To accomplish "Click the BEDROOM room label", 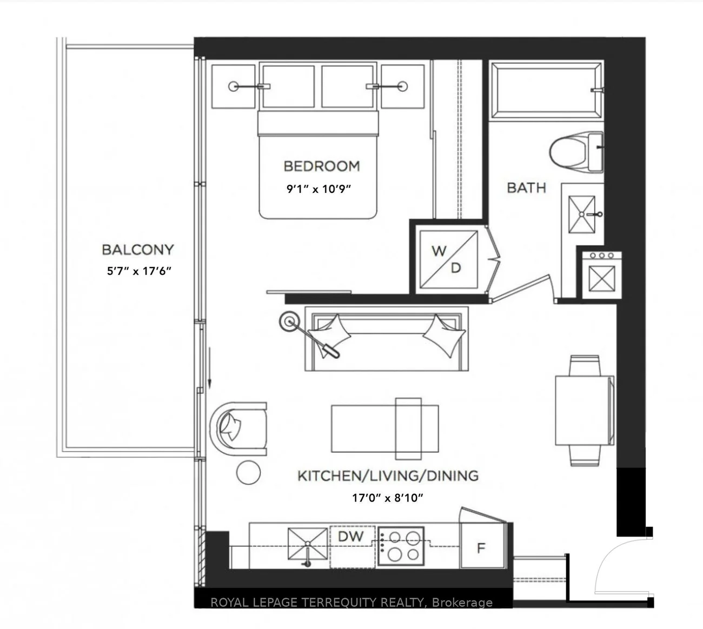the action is tap(322, 166).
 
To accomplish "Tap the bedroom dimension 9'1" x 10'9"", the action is tap(319, 189).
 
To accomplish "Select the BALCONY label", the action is tap(138, 250).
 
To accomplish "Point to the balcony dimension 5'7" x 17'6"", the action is tap(139, 271).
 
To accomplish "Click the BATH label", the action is tap(526, 188).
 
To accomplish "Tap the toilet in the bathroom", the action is tap(576, 151).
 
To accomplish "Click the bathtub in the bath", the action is tap(546, 90).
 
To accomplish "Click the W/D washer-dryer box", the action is tap(448, 260).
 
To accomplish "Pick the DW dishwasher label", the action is tap(351, 537).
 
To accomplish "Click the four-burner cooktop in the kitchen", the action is tap(401, 546).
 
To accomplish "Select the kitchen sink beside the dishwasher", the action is tap(308, 544).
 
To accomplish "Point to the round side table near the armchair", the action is tap(248, 472).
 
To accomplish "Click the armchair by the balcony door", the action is tap(238, 429).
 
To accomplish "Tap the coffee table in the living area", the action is tap(385, 429).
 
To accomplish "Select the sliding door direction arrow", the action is tap(210, 367).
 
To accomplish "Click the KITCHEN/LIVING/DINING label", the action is tap(388, 476).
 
